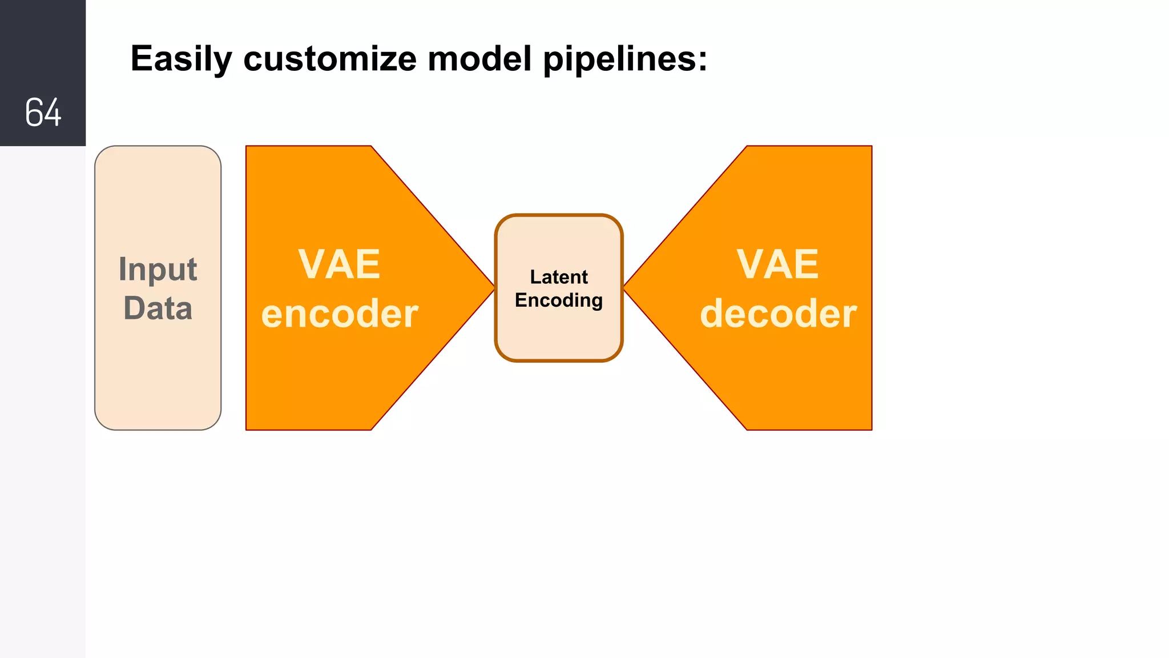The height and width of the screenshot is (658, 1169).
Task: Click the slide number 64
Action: click(43, 112)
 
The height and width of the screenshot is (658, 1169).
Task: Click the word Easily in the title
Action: click(181, 59)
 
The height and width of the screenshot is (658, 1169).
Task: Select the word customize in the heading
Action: click(329, 59)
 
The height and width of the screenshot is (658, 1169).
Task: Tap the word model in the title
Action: click(479, 59)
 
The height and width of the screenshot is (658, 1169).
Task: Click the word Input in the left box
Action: click(158, 270)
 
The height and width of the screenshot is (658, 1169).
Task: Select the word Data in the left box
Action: click(158, 308)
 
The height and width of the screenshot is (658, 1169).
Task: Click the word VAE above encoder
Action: click(339, 264)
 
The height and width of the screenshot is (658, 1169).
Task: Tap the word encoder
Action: click(339, 314)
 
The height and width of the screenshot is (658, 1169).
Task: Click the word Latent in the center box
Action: click(558, 277)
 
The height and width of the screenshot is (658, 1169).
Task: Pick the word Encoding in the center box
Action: click(558, 300)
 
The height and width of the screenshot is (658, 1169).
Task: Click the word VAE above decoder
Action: click(777, 264)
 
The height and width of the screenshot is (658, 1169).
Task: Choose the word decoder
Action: click(777, 314)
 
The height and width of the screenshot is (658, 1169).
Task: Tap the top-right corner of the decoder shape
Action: click(870, 147)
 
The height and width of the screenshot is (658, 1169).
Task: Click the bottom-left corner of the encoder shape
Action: click(247, 428)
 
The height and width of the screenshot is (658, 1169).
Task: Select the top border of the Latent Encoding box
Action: click(558, 216)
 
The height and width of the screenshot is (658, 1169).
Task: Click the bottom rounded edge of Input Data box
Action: click(158, 429)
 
